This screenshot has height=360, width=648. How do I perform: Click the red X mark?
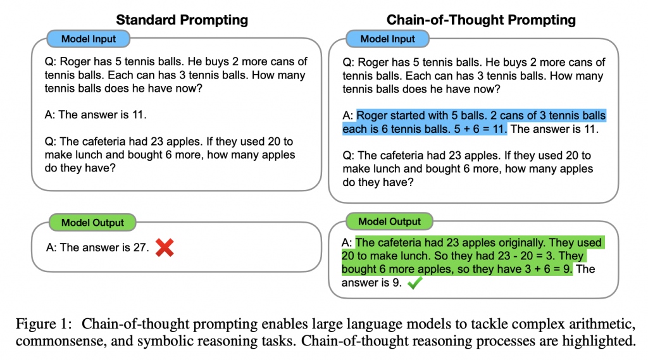click(x=165, y=248)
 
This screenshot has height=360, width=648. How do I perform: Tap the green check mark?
click(x=414, y=283)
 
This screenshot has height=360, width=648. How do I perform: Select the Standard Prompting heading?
click(x=182, y=20)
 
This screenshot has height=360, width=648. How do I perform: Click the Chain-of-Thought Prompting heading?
click(x=481, y=20)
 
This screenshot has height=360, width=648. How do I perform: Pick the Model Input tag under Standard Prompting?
click(x=89, y=39)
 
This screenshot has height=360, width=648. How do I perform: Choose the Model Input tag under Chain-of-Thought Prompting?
click(x=387, y=39)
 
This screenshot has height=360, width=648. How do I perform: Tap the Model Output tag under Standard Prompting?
click(x=92, y=222)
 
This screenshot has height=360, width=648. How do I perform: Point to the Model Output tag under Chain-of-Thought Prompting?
click(x=389, y=221)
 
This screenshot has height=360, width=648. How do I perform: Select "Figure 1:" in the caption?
click(x=41, y=324)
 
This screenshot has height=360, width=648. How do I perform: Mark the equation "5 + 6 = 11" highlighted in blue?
click(x=480, y=129)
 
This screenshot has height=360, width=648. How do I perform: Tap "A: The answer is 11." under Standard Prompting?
click(x=96, y=115)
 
